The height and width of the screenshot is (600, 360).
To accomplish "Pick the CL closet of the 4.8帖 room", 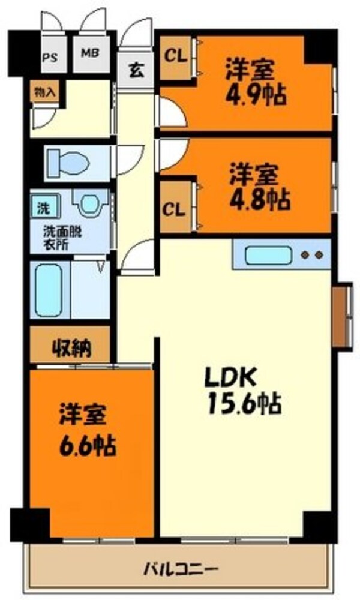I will click(174, 211).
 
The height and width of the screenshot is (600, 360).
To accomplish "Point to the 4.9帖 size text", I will click(255, 95).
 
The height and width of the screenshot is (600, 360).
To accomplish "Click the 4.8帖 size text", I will click(256, 196).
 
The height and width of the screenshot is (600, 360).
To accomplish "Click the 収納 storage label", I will click(71, 347).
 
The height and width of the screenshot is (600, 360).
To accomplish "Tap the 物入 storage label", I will click(43, 92).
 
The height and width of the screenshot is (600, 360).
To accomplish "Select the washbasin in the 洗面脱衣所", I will click(90, 204).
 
